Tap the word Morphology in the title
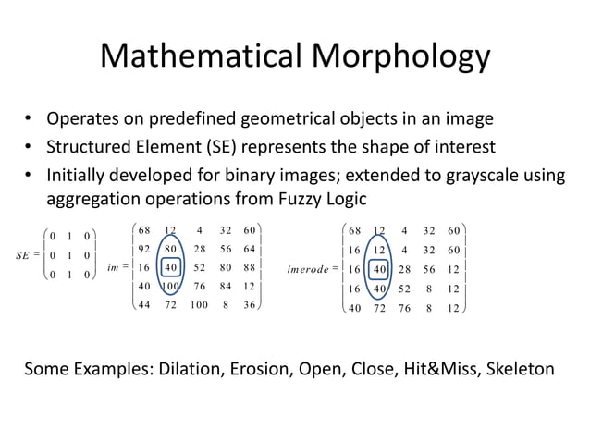(x=397, y=57)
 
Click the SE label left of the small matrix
(x=26, y=255)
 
